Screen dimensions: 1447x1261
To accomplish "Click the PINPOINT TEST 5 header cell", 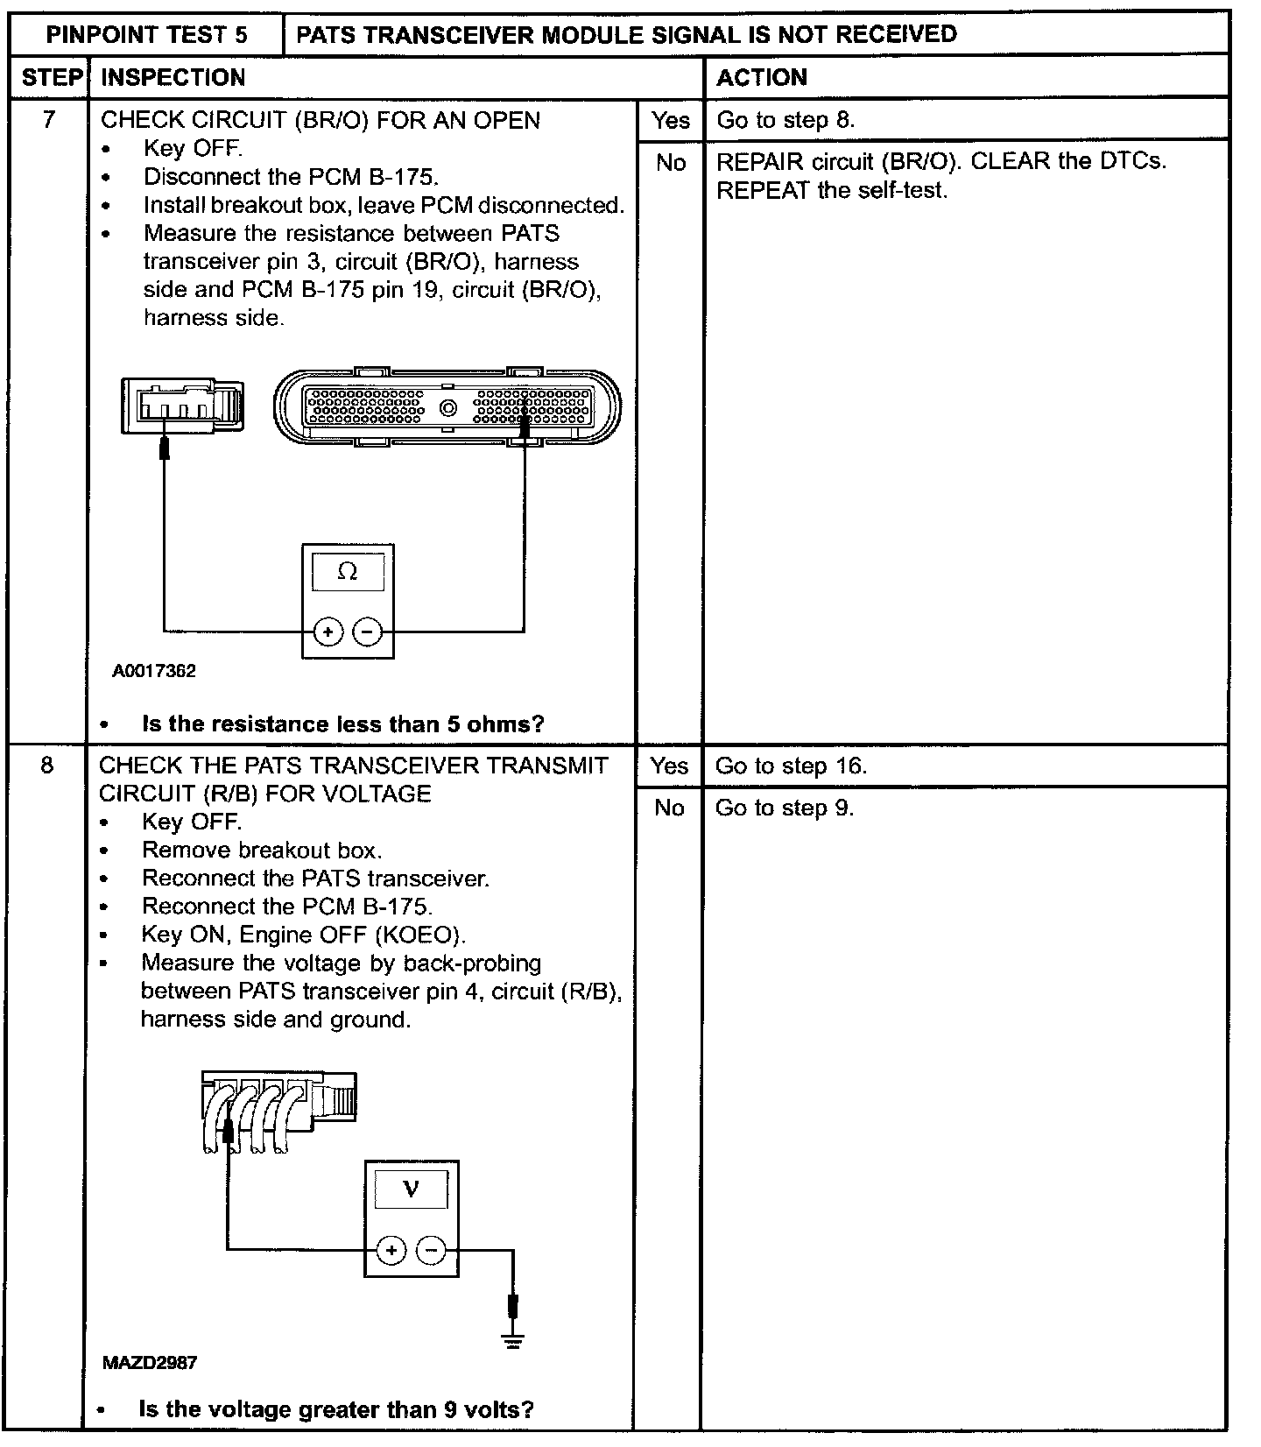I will (146, 35).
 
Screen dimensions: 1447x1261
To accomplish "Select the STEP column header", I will (51, 77).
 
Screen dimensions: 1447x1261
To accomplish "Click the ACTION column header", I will (762, 77).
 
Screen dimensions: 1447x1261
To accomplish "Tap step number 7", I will (49, 119).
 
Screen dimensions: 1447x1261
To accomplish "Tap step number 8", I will (47, 765).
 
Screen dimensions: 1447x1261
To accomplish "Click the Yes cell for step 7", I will (670, 120).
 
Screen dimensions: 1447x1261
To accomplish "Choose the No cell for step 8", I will (669, 808).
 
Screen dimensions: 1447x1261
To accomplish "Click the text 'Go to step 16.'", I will (791, 766).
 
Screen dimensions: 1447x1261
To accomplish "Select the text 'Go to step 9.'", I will (784, 808).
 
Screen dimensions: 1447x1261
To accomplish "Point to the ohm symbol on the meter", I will (348, 572).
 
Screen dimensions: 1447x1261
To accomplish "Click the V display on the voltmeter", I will (411, 1189).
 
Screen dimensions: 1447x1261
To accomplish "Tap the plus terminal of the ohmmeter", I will (328, 632).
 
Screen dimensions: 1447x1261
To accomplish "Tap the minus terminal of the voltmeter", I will (431, 1251).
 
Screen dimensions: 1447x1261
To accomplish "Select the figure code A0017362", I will (154, 672).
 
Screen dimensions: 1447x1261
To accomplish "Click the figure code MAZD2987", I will (150, 1363).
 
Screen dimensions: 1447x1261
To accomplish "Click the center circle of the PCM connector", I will (448, 408).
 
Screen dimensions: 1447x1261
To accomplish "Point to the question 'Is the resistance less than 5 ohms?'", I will (342, 724).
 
